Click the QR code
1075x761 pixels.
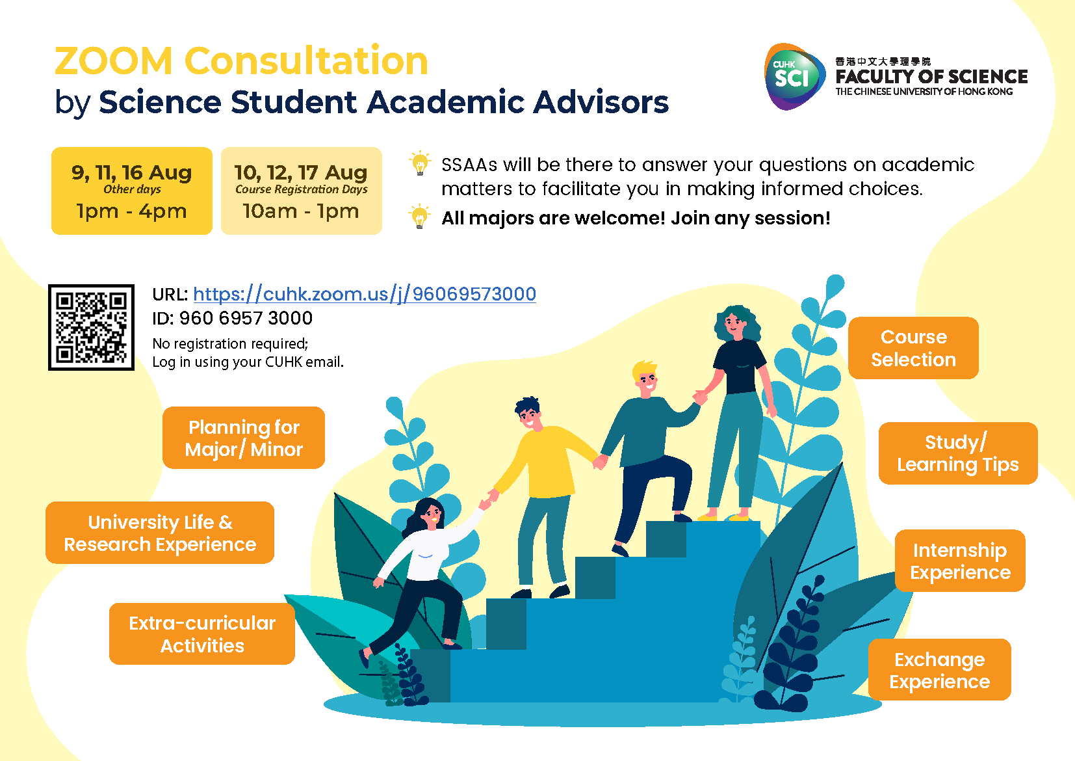click(91, 327)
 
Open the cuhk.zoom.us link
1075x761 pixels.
click(365, 294)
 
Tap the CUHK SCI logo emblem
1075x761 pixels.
click(794, 77)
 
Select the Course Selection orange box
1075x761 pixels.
click(913, 348)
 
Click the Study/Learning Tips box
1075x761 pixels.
click(958, 453)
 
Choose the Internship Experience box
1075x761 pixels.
click(960, 561)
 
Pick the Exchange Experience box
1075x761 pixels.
click(940, 670)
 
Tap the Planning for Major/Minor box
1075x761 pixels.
click(244, 438)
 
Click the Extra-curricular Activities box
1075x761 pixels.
click(202, 634)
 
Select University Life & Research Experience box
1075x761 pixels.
click(160, 533)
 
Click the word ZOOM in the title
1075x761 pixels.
click(113, 61)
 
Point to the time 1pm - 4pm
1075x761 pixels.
click(131, 211)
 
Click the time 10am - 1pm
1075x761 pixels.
click(301, 211)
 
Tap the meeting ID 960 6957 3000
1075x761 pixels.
click(246, 318)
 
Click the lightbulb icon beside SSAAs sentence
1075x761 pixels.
click(420, 163)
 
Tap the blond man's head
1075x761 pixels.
click(645, 378)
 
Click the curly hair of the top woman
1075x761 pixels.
click(736, 322)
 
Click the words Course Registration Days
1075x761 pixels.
click(302, 189)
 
